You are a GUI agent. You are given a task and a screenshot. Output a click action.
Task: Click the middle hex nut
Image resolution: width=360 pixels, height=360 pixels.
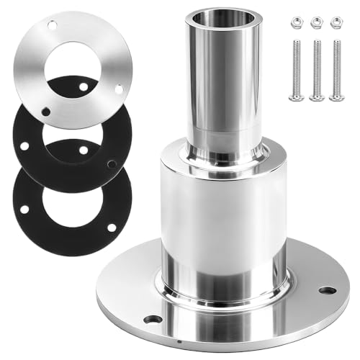point(315,23)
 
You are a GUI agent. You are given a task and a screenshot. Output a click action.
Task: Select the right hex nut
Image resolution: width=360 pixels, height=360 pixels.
point(335,23)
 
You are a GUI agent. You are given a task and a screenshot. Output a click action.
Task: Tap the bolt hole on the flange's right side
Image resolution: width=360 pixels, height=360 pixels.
point(327,290)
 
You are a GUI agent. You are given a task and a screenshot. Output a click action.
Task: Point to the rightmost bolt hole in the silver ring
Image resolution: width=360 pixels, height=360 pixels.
point(119,89)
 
